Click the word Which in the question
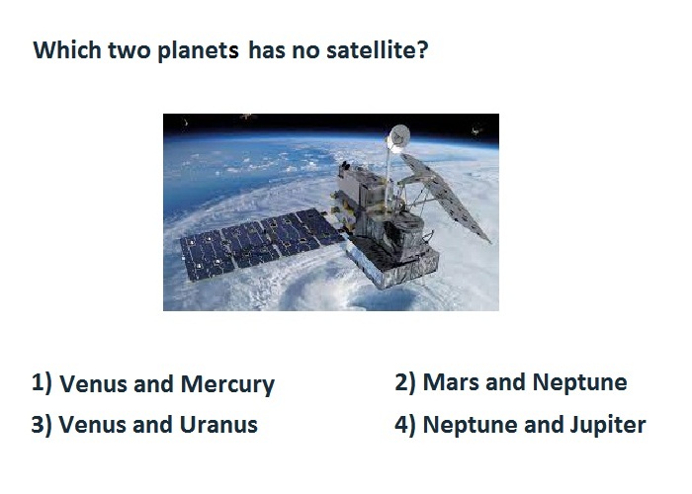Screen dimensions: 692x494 [x=67, y=49]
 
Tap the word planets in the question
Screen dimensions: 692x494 [x=198, y=51]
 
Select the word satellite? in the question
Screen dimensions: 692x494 [x=378, y=49]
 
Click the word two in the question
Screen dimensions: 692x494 [x=130, y=50]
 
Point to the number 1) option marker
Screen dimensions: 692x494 [x=42, y=382]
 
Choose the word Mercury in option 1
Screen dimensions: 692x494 [x=227, y=384]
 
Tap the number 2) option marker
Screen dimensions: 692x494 [x=405, y=382]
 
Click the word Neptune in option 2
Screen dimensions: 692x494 [x=580, y=382]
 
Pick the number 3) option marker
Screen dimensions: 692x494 [x=42, y=424]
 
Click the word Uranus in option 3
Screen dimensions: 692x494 [x=218, y=425]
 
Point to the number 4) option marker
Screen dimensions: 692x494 [x=405, y=424]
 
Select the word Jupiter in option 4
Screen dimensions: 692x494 [x=608, y=425]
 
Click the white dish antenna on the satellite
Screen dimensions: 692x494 [x=398, y=136]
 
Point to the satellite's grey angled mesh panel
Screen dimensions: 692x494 [x=446, y=197]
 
